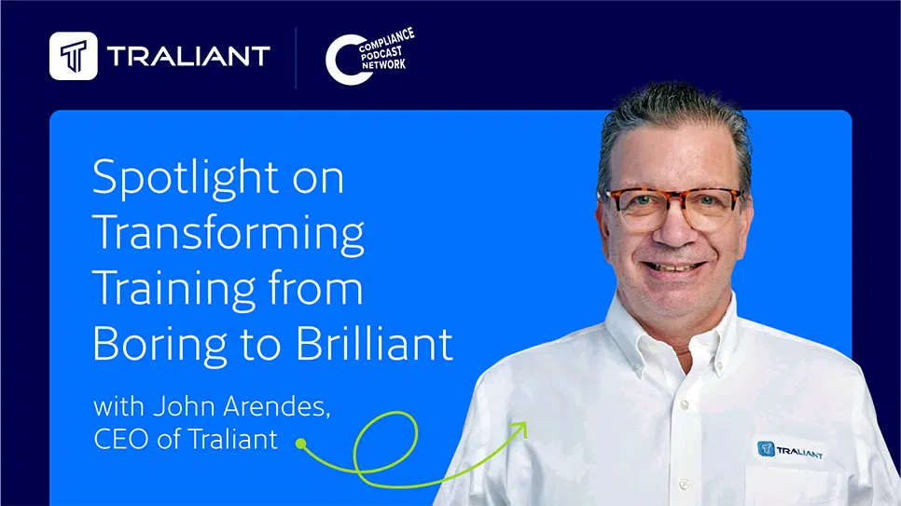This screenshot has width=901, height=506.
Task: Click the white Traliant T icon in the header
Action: pos(73,57)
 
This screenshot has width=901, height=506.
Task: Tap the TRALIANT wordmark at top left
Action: pos(188,57)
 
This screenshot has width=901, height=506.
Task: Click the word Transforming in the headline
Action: pos(229,233)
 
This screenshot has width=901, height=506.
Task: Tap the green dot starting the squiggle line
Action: pos(300,444)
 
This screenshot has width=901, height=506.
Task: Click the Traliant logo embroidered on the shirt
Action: pos(790,451)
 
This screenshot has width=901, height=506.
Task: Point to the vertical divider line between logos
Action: pos(297,57)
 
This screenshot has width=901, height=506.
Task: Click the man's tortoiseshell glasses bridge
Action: pos(672,198)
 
